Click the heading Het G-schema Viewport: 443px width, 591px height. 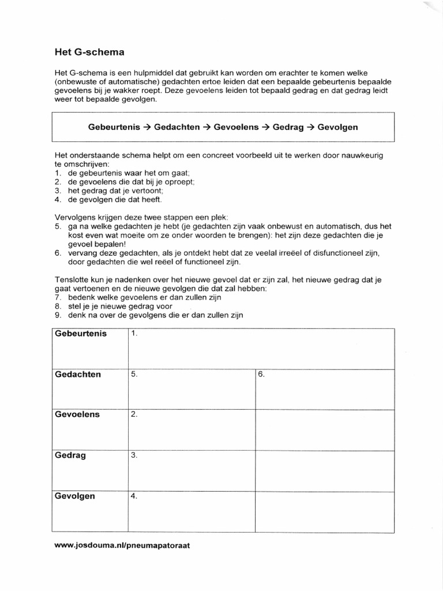click(89, 52)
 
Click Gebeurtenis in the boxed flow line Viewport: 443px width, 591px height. click(114, 127)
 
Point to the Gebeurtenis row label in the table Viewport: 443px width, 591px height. click(81, 334)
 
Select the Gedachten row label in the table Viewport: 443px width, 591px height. click(78, 374)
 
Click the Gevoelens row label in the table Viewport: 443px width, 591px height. click(77, 414)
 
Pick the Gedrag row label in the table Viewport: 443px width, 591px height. click(70, 455)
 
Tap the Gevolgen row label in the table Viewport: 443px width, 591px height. click(76, 496)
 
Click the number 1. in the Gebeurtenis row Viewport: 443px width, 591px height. click(134, 334)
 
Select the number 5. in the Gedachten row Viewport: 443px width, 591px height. click(134, 374)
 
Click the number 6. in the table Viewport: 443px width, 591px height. click(261, 374)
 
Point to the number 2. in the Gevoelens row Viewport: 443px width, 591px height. click(134, 414)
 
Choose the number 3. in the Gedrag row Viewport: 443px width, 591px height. click(134, 455)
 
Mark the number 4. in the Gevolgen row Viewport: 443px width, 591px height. click(134, 496)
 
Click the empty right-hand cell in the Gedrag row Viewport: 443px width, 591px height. click(325, 470)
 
